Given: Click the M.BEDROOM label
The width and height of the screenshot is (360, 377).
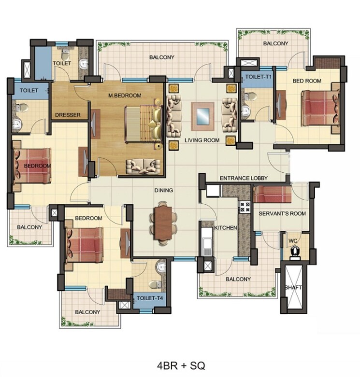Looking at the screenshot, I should (x=125, y=96).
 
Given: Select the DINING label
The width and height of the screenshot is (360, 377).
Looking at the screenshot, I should (x=164, y=191).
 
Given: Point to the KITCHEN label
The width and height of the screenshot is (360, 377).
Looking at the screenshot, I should (x=226, y=227).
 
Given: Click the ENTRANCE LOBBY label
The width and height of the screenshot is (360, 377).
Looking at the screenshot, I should (x=244, y=178).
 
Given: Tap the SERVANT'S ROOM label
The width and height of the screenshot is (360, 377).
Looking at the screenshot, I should (x=282, y=213).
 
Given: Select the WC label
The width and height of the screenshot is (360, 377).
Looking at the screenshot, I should (x=293, y=239).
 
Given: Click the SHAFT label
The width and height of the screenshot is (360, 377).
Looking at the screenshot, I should (x=294, y=288).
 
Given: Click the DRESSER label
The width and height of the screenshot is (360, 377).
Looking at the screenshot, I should (x=67, y=115).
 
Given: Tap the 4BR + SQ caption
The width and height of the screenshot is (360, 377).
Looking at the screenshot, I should (x=181, y=365).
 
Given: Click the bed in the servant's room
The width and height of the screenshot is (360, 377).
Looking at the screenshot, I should (x=272, y=195).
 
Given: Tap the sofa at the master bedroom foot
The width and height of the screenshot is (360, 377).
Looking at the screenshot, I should (x=143, y=166).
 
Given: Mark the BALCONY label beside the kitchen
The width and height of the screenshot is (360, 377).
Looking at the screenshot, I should (x=238, y=279).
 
